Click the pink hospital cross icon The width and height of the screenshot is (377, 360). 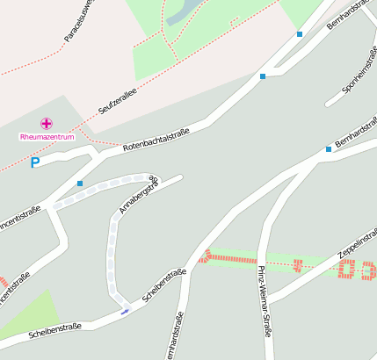point(46,124)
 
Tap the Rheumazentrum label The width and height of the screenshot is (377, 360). point(46,137)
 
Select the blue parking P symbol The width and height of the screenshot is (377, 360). point(35,162)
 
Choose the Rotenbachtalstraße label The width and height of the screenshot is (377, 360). point(156,139)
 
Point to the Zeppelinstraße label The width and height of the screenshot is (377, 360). point(356,245)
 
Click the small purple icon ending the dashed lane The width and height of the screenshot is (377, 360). point(125,310)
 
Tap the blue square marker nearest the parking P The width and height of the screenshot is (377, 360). point(79,184)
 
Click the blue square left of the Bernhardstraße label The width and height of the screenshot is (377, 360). point(329,149)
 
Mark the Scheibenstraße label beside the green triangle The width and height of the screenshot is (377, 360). point(55,330)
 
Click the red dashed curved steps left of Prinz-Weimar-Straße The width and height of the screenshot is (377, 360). point(205,256)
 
